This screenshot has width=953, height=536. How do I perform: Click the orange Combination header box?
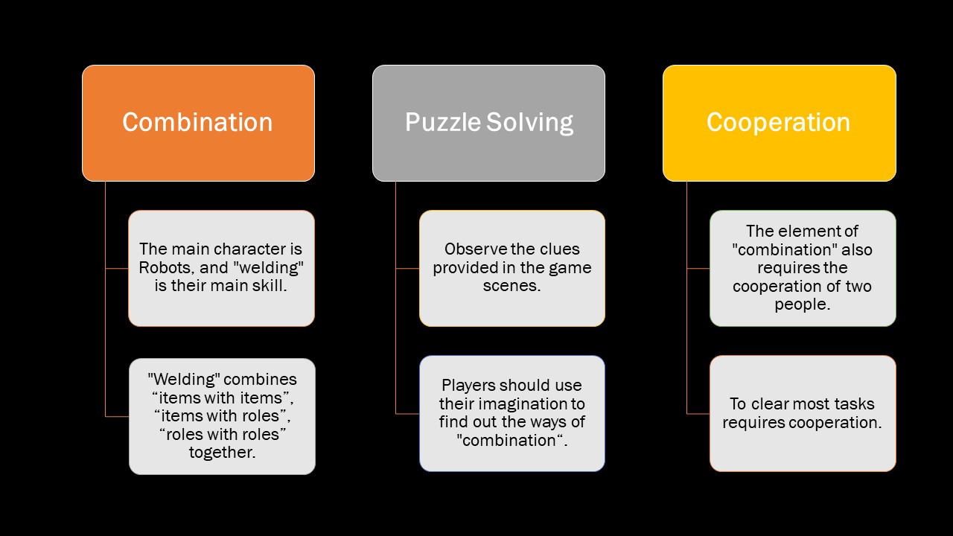coord(198,123)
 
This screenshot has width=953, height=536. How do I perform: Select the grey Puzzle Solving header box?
coord(488,123)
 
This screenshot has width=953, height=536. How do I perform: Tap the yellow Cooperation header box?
coord(779,123)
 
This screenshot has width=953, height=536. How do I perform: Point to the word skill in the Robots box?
coord(269,286)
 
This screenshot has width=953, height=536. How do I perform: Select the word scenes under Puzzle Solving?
coord(511,286)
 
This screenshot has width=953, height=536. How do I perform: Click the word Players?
coord(468,386)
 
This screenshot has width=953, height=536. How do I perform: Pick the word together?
coord(222,452)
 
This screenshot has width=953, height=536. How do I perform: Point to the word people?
coord(802,304)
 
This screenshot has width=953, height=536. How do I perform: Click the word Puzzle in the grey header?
coord(443,123)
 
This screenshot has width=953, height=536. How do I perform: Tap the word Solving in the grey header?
coord(531,123)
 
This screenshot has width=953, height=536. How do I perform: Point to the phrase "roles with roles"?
coord(223,433)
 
